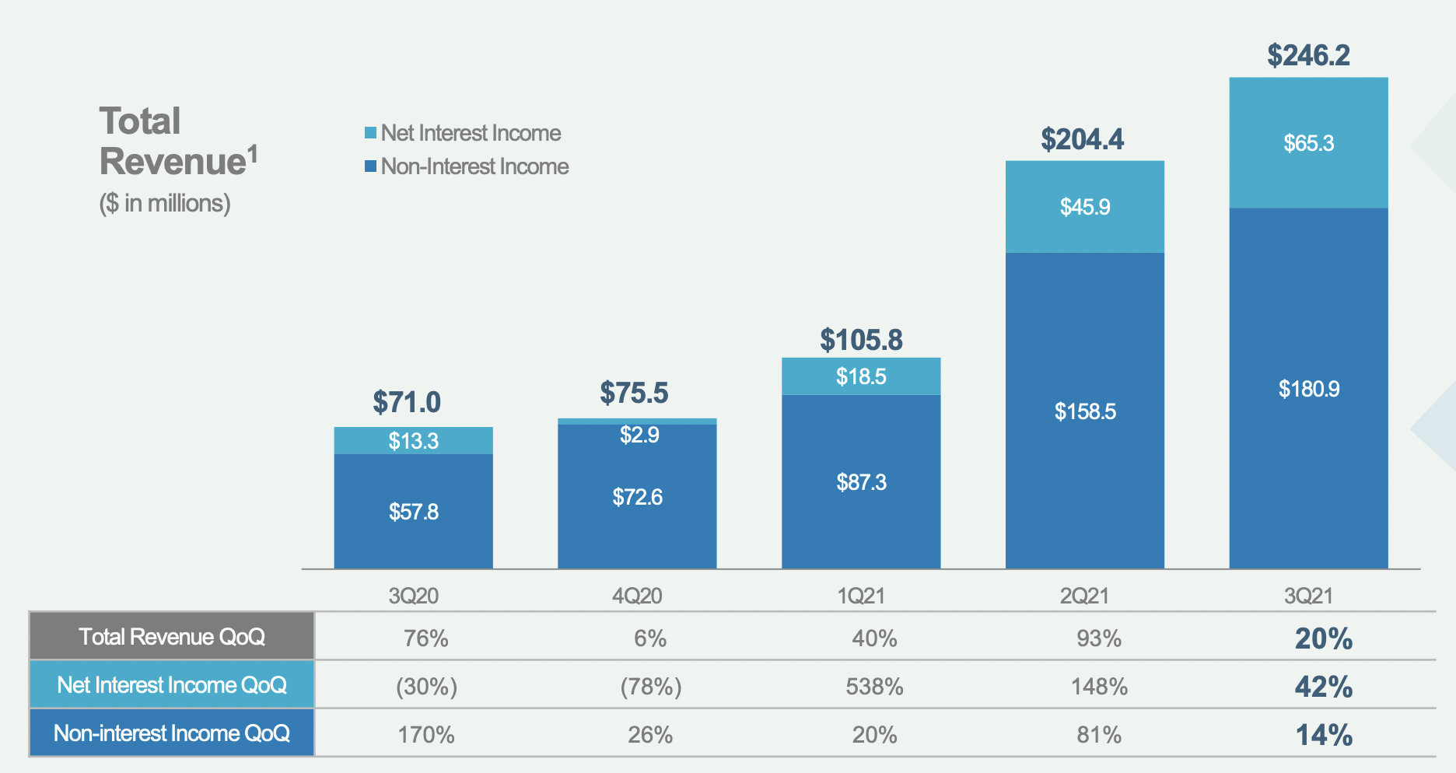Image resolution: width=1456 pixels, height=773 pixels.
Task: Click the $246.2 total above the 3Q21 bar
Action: (1308, 55)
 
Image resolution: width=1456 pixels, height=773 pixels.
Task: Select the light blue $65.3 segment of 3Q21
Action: (1308, 143)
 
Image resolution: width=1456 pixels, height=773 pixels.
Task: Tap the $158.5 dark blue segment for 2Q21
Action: (1084, 411)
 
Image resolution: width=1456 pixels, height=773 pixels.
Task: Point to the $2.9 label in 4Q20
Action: (639, 435)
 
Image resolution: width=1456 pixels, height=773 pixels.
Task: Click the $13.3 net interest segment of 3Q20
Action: (413, 441)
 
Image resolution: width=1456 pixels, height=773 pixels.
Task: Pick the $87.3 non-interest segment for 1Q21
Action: (861, 482)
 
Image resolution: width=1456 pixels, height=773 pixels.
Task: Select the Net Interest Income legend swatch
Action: (371, 133)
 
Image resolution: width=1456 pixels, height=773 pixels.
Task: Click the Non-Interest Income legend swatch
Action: (371, 166)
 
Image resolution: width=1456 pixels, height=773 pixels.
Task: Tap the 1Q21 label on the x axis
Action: (861, 596)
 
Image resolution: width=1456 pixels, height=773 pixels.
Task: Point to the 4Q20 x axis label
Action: (637, 596)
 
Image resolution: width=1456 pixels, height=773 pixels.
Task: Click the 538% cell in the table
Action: (874, 687)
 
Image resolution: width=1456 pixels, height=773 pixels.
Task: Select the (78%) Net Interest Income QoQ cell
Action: (650, 687)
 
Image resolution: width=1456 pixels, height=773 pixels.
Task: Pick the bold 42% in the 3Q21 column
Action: (1323, 687)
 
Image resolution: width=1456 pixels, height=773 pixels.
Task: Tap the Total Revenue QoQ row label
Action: (172, 637)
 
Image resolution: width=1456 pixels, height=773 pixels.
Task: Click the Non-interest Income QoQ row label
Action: (172, 733)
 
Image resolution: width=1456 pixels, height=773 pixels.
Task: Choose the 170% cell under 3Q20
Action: (426, 735)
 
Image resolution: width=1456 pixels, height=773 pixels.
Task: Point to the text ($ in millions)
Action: (165, 203)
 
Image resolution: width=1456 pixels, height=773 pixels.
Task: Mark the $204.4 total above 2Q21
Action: (1082, 140)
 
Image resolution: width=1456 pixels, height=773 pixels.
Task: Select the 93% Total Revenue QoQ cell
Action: (1098, 638)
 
